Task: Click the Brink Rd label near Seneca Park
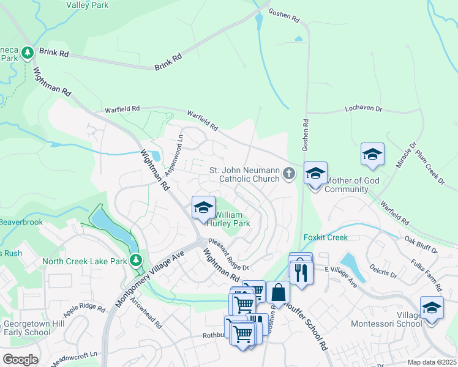[54, 53]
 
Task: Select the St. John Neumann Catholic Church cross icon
[289, 175]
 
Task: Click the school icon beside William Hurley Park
[203, 207]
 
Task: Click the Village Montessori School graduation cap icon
[432, 306]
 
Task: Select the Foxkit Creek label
[325, 237]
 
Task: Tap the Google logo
[20, 360]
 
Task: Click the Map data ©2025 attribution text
[431, 362]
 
